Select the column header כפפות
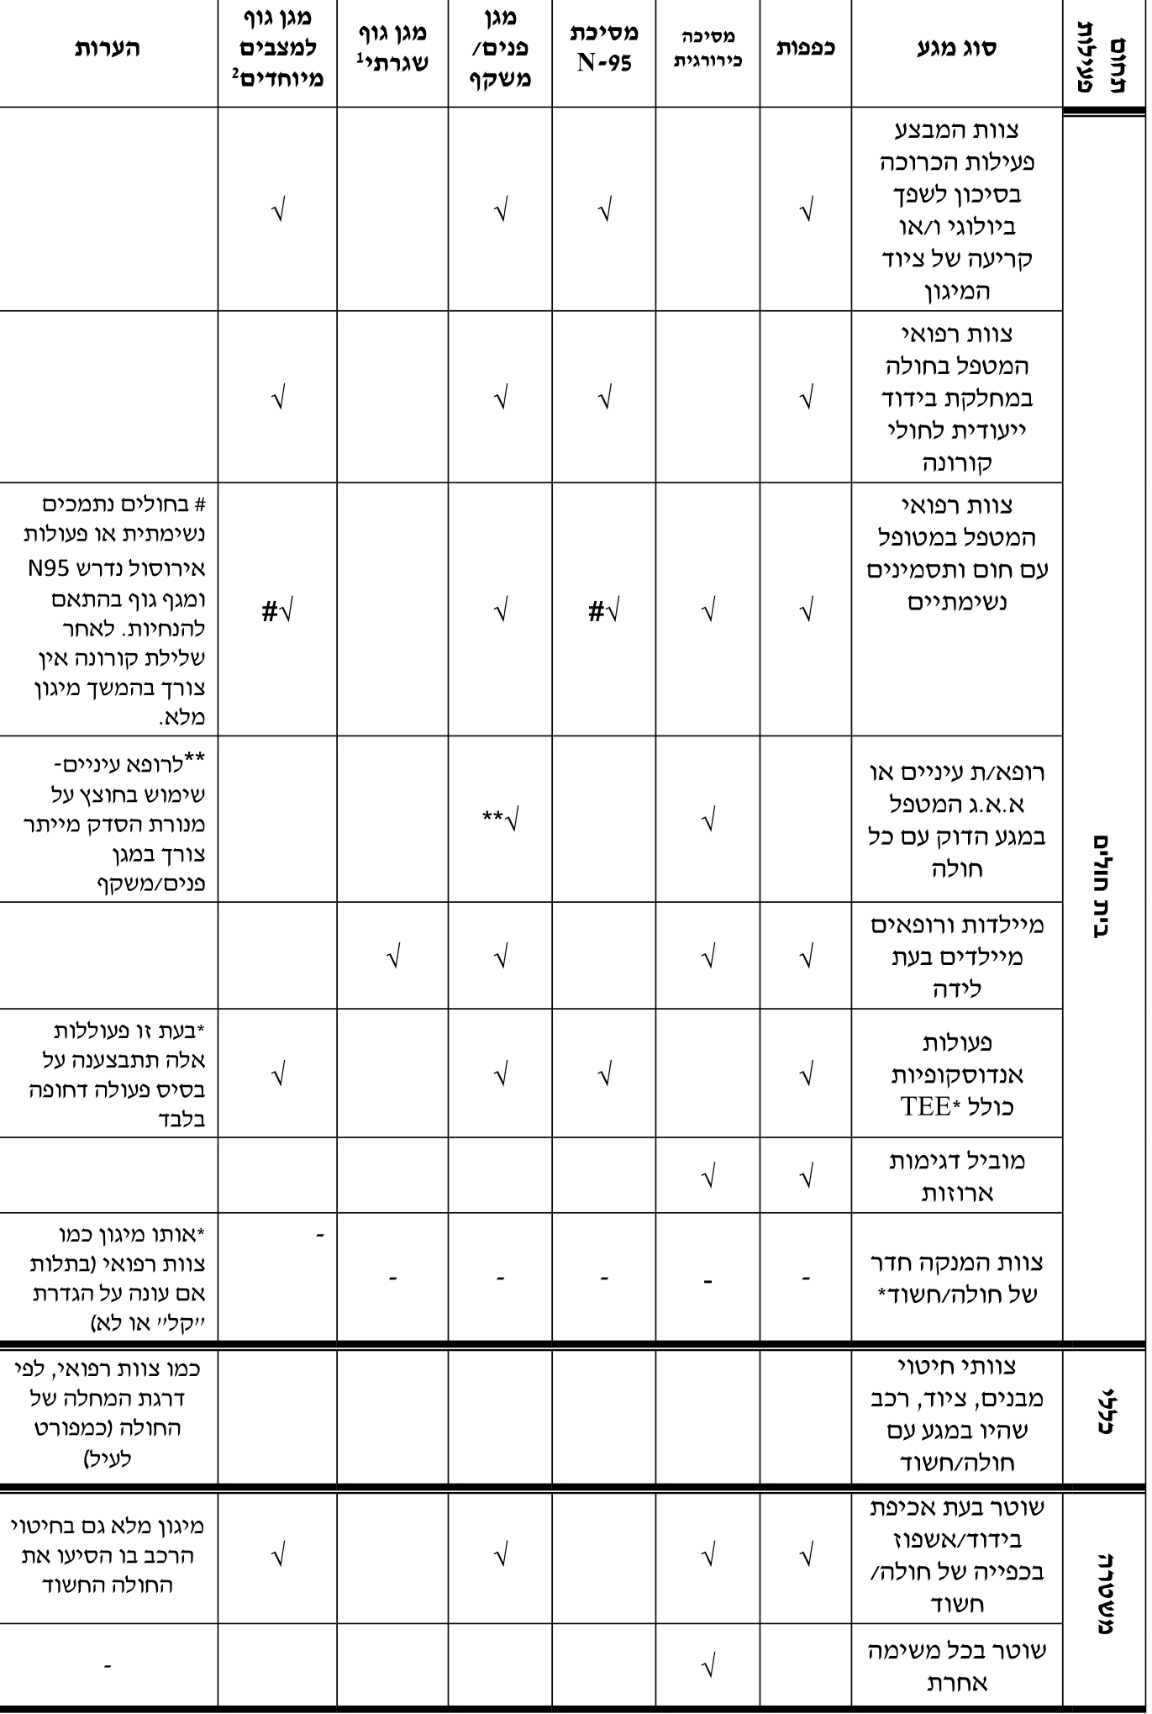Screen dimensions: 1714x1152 click(x=805, y=47)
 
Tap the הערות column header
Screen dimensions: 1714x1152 click(x=108, y=47)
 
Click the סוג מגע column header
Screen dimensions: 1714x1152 click(x=956, y=47)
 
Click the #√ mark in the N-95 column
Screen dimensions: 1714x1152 click(x=605, y=611)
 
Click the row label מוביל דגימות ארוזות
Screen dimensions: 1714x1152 click(x=956, y=1176)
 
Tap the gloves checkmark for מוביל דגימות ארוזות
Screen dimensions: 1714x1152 click(x=806, y=1177)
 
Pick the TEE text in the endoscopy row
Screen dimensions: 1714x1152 click(x=925, y=1106)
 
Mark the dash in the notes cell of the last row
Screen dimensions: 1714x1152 click(x=107, y=1664)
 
